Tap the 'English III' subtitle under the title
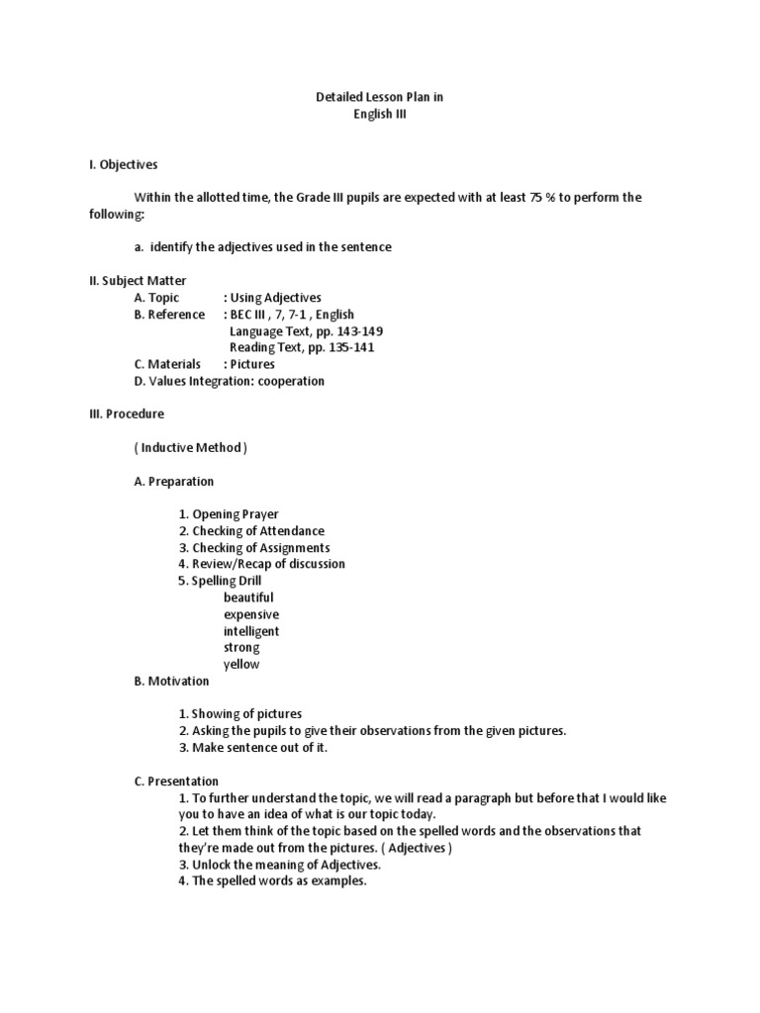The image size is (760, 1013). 380,114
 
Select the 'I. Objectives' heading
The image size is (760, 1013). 124,164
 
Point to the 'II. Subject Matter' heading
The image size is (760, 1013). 138,281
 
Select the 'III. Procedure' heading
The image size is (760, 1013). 128,414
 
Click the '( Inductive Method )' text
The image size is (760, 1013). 191,447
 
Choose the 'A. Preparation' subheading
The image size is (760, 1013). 174,481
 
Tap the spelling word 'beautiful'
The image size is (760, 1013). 249,598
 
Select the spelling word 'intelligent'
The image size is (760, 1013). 251,631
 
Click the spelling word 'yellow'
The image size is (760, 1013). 241,664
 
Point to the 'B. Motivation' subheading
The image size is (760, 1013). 172,681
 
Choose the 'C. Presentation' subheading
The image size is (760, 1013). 177,781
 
